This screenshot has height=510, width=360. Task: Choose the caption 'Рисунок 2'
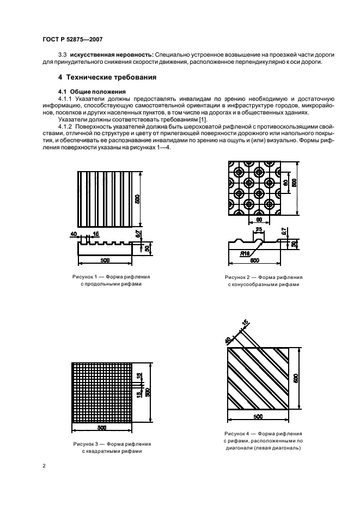(237, 277)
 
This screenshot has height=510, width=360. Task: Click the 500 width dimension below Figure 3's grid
(103, 428)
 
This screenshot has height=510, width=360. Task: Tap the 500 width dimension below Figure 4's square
(258, 416)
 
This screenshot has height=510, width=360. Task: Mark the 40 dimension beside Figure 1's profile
(73, 234)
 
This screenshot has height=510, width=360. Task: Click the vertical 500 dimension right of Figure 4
(296, 378)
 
